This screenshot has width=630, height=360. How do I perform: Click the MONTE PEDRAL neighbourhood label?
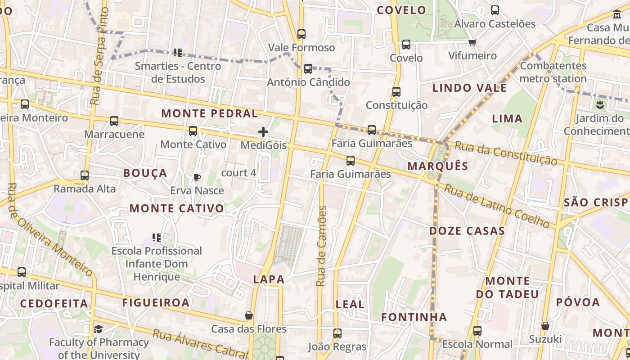[x=210, y=113]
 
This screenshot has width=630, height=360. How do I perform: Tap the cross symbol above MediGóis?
[x=263, y=132]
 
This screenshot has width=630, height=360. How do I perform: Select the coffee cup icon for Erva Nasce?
[x=197, y=177]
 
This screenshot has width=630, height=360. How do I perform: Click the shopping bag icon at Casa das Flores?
[x=248, y=315]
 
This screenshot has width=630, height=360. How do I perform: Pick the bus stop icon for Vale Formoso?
[x=301, y=34]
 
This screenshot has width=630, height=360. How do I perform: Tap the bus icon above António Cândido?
[x=308, y=69]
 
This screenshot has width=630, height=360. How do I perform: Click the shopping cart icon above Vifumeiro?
[x=472, y=43]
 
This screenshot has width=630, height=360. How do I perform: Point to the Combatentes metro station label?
[x=553, y=72]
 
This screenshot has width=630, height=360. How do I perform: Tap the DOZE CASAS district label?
[x=467, y=231]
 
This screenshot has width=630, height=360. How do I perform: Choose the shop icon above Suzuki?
[x=545, y=325]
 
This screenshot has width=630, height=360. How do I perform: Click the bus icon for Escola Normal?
[x=477, y=331]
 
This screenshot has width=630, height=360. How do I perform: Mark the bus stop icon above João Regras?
[x=337, y=333]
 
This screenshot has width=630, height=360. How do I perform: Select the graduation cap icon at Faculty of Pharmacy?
[x=98, y=329]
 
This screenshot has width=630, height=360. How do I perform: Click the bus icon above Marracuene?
[x=114, y=121]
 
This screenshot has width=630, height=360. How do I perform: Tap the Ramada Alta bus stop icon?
[x=85, y=175]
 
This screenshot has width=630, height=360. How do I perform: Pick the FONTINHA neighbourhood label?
[x=414, y=317]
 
